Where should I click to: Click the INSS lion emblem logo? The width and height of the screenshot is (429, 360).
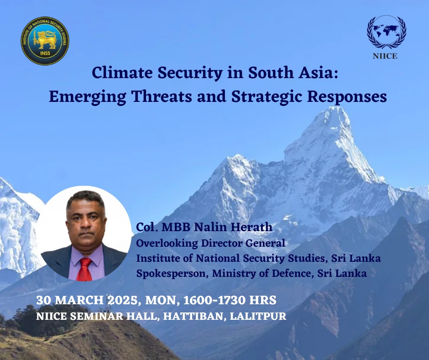coord(45,41)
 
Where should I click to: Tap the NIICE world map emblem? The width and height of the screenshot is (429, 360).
coord(386,32)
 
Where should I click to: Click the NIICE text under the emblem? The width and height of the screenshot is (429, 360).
coord(385,56)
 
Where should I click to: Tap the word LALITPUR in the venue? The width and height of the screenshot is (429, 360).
coord(258,316)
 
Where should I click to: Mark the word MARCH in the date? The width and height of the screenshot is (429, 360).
coord(79,300)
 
